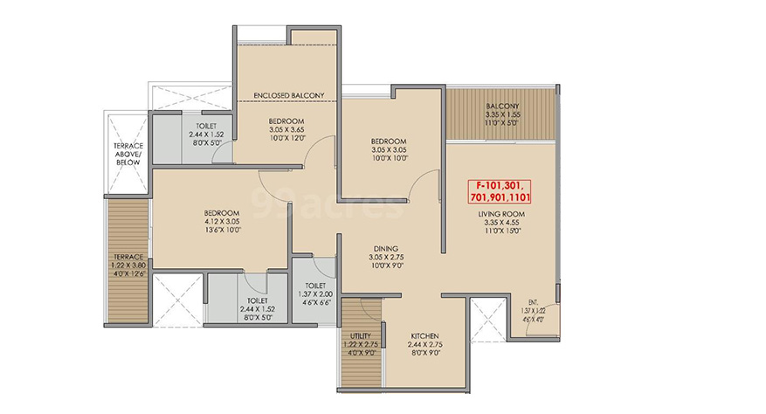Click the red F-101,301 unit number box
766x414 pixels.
500,191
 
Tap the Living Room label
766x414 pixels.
501,214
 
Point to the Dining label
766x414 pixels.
386,248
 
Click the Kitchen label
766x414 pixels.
424,335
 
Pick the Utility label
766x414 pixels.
361,335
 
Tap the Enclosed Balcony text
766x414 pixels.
289,95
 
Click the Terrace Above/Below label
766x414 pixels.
128,154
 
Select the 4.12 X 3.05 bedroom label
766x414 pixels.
222,221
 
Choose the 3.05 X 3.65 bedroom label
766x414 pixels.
286,129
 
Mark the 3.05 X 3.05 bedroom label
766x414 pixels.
389,149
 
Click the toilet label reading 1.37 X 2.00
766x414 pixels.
315,293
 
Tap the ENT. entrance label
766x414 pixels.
533,302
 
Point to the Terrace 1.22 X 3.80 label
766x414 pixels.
128,265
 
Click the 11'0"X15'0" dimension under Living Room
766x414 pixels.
503,231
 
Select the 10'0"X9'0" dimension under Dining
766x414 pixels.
386,266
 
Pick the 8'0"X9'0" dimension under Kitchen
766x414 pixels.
424,353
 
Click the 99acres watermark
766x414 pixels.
328,203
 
